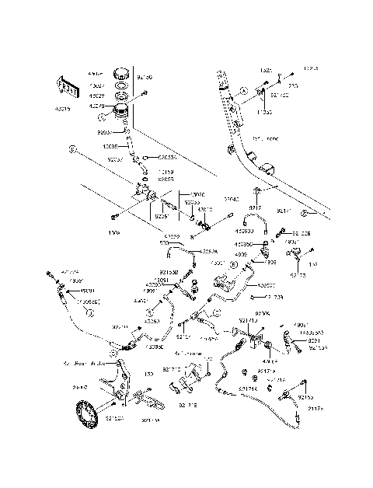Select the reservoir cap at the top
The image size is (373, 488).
click(120, 75)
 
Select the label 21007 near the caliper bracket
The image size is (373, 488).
click(79, 385)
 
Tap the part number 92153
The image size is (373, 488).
click(307, 385)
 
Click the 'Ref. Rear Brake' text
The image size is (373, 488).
click(84, 362)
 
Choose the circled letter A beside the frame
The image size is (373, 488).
click(244, 91)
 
